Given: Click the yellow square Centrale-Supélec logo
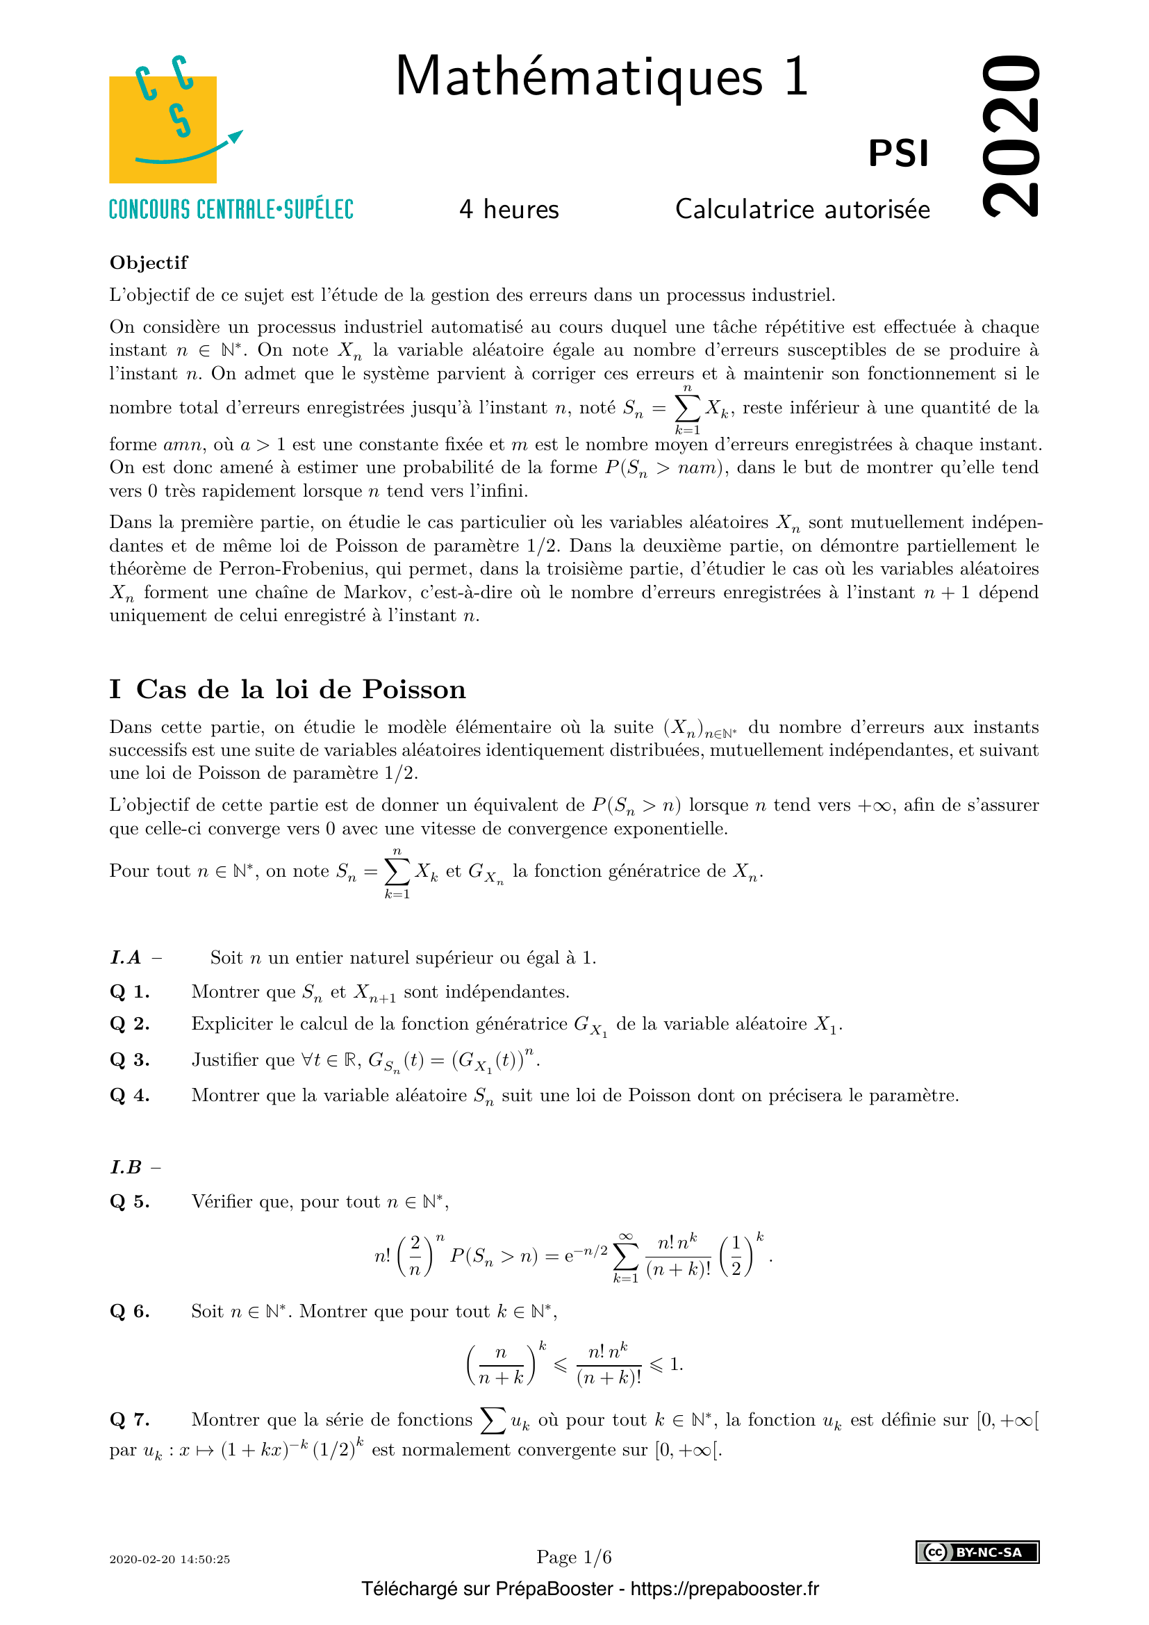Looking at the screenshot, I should pos(163,129).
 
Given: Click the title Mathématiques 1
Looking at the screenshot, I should pos(602,76).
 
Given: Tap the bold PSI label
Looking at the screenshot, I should pos(898,154).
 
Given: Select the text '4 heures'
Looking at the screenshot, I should pos(509,210).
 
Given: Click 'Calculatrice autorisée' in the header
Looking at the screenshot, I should pos(802,210).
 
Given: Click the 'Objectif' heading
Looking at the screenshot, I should pos(149,263).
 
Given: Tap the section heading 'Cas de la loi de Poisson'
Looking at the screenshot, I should pos(301,689).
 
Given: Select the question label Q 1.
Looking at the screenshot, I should pos(129,991).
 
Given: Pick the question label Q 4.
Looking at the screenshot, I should pos(129,1095).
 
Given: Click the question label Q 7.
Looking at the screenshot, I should pos(129,1419).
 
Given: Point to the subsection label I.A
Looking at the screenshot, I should pos(126,957).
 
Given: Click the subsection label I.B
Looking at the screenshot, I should pos(126,1167).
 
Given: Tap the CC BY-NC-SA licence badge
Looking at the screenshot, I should pos(977,1552).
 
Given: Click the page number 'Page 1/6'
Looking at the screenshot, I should pos(574,1557).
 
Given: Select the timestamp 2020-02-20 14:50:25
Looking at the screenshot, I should pos(170,1559).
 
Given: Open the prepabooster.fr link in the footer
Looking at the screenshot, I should pos(725,1589).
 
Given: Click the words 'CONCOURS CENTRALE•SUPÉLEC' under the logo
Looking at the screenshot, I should pos(231,210).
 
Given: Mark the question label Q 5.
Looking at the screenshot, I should pos(129,1201).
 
